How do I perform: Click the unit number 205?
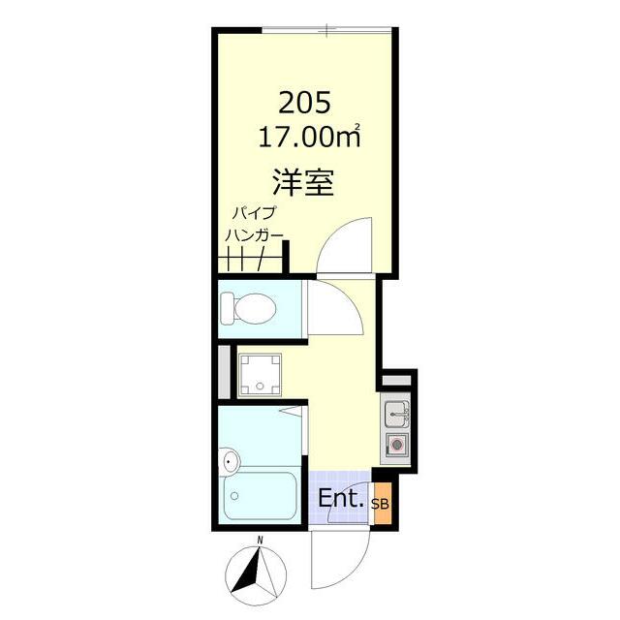tap(304, 104)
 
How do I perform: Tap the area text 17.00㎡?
tap(309, 137)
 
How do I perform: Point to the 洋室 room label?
tap(303, 183)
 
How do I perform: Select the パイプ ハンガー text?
tap(254, 224)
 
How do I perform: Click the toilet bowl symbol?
tap(248, 308)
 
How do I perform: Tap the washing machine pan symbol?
tap(260, 375)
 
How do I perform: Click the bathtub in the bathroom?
tap(261, 495)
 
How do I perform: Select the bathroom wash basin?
tap(229, 460)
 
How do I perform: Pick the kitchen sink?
tap(396, 414)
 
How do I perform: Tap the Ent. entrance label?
tap(340, 499)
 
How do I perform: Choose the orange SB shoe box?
tap(381, 504)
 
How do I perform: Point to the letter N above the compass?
tap(260, 541)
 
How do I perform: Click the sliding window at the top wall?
tap(327, 30)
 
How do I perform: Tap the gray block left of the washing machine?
tap(224, 372)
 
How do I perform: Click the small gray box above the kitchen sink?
tap(396, 381)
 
